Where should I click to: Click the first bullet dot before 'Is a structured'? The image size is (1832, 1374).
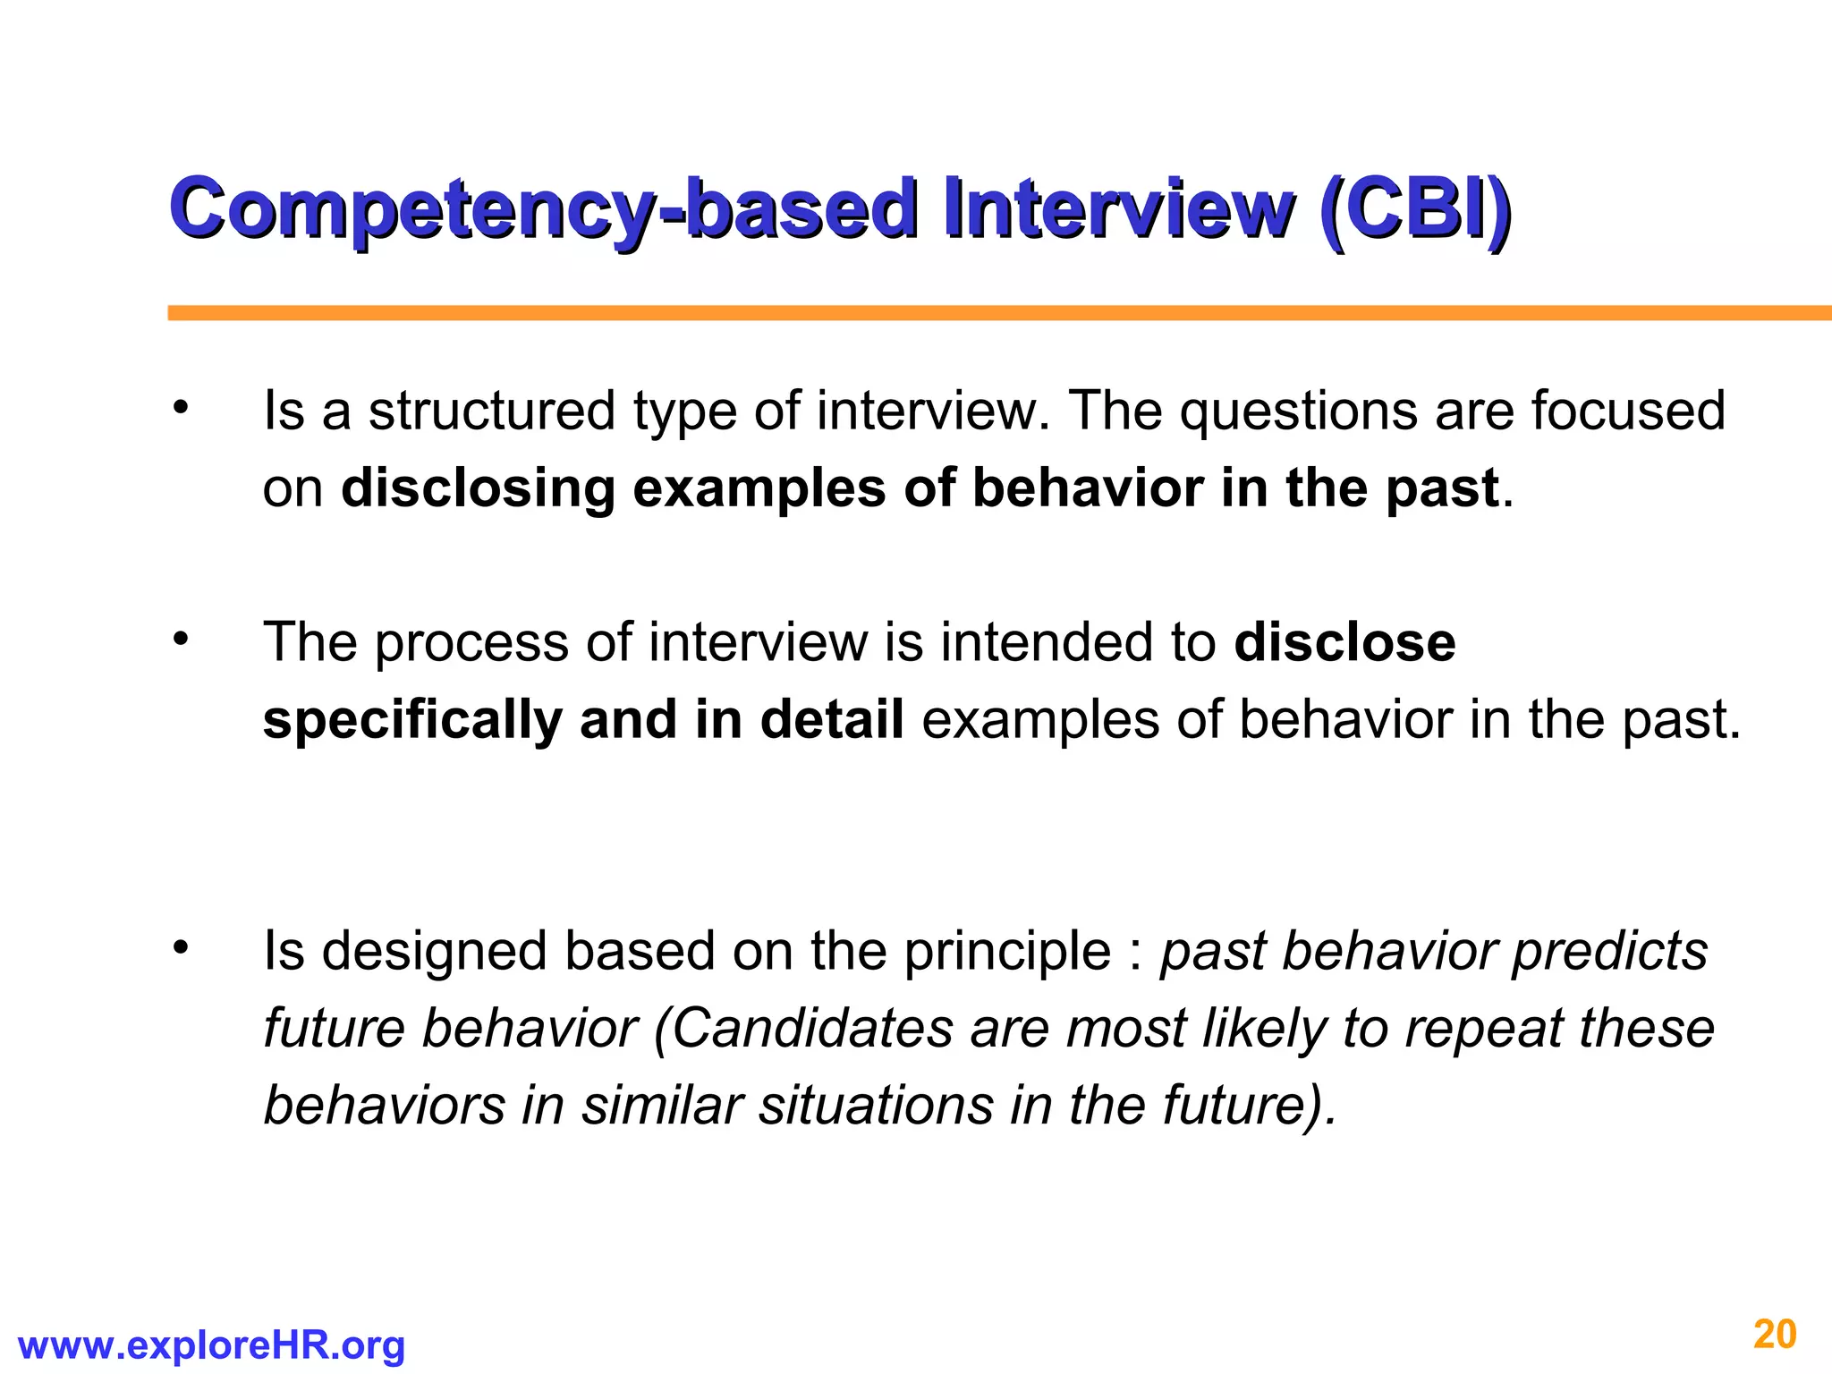tap(182, 408)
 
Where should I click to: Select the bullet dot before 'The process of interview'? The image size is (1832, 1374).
tap(182, 639)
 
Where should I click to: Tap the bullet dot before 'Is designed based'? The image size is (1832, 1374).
tap(182, 947)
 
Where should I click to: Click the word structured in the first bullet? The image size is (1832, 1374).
tap(491, 411)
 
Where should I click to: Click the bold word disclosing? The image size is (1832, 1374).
tap(478, 489)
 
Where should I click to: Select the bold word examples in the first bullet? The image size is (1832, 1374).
tap(759, 489)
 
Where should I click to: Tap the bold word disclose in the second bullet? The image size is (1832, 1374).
tap(1344, 643)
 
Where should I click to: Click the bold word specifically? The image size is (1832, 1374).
tap(411, 720)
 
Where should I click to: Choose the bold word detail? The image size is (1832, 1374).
tap(832, 720)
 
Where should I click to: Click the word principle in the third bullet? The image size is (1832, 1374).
tap(1007, 951)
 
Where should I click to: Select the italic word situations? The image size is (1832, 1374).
tap(876, 1106)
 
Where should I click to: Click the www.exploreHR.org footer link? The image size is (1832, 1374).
tap(211, 1344)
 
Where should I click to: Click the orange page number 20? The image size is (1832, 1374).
tap(1775, 1335)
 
